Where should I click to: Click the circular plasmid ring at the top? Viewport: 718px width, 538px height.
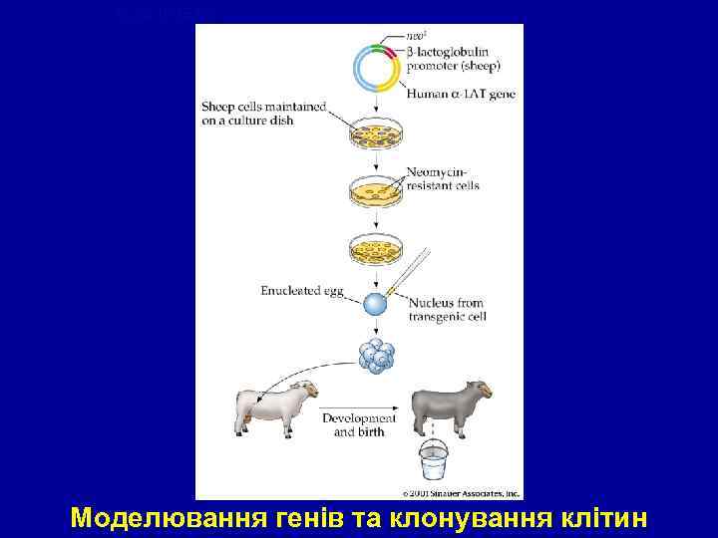tap(377, 67)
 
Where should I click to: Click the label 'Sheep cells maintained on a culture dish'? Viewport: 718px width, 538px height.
tap(260, 113)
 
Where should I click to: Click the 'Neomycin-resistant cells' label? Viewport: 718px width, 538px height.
tap(443, 179)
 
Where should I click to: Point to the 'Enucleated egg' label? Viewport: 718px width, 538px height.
tap(302, 291)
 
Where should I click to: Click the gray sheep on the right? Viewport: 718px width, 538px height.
tap(455, 406)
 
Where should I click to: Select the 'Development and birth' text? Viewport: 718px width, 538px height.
tap(359, 425)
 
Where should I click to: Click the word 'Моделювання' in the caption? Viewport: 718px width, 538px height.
tap(161, 519)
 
